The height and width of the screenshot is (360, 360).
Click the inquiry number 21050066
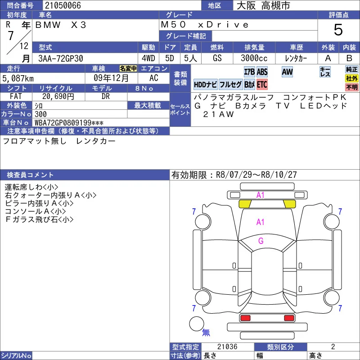coord(63,5)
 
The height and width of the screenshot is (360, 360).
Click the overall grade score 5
coord(338,30)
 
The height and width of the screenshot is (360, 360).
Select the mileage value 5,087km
coord(18,78)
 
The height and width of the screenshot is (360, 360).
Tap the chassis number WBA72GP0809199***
coord(69,122)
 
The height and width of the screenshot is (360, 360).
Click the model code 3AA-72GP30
coord(61,58)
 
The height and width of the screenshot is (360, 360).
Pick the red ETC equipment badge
coord(262,85)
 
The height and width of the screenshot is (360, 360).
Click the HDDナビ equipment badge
coord(205,85)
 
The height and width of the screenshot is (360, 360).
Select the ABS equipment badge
coord(262,72)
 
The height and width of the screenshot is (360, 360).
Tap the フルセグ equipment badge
coord(230,85)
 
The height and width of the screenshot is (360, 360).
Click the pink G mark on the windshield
coord(261,241)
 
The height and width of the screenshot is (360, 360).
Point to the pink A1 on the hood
coord(261,222)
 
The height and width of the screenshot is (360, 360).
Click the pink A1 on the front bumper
coord(261,195)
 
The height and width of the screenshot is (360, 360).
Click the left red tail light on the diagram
coord(245,318)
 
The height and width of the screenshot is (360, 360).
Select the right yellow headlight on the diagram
coord(289,204)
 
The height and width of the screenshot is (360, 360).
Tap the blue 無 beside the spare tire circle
coord(206,332)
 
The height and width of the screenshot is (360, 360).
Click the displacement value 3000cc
coord(254,58)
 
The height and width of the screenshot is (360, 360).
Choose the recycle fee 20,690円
coord(58,96)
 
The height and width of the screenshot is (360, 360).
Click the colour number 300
coord(40,114)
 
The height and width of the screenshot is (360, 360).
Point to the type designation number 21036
coord(227,346)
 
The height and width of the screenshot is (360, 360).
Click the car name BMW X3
coord(61,25)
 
